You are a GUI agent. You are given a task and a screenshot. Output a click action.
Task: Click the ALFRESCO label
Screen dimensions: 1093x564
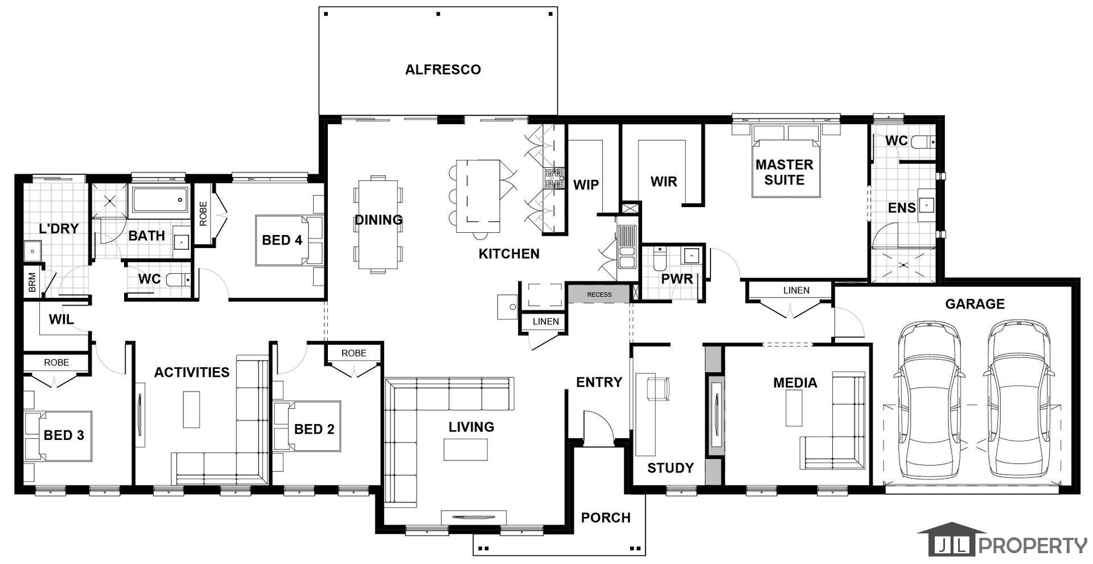click(x=443, y=69)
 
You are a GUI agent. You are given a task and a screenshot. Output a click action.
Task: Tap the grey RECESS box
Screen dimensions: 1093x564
click(x=599, y=294)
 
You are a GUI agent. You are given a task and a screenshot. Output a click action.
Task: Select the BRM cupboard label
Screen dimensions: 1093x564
click(x=32, y=282)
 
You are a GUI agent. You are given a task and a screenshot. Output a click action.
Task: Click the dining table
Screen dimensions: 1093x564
click(x=378, y=224)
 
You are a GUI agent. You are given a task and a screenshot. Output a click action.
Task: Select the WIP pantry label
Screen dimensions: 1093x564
click(x=586, y=184)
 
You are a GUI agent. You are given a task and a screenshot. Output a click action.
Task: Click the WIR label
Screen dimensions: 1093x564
click(x=664, y=182)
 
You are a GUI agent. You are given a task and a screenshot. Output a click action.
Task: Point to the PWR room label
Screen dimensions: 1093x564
click(x=677, y=279)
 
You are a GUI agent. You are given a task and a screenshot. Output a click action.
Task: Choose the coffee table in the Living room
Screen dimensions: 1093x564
click(x=466, y=450)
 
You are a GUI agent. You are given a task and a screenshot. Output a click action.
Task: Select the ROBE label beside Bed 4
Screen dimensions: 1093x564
click(x=203, y=213)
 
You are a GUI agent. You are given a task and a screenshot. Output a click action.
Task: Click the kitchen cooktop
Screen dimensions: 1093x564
click(x=553, y=178)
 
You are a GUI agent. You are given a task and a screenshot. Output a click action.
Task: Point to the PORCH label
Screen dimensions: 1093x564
click(x=606, y=517)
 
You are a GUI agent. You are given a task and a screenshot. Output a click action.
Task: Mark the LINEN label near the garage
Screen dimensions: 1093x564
click(x=796, y=290)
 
